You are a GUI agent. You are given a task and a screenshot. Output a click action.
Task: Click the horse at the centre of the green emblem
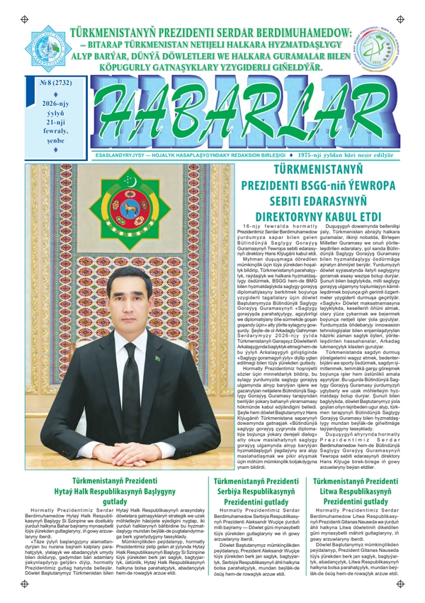click(130, 211)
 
